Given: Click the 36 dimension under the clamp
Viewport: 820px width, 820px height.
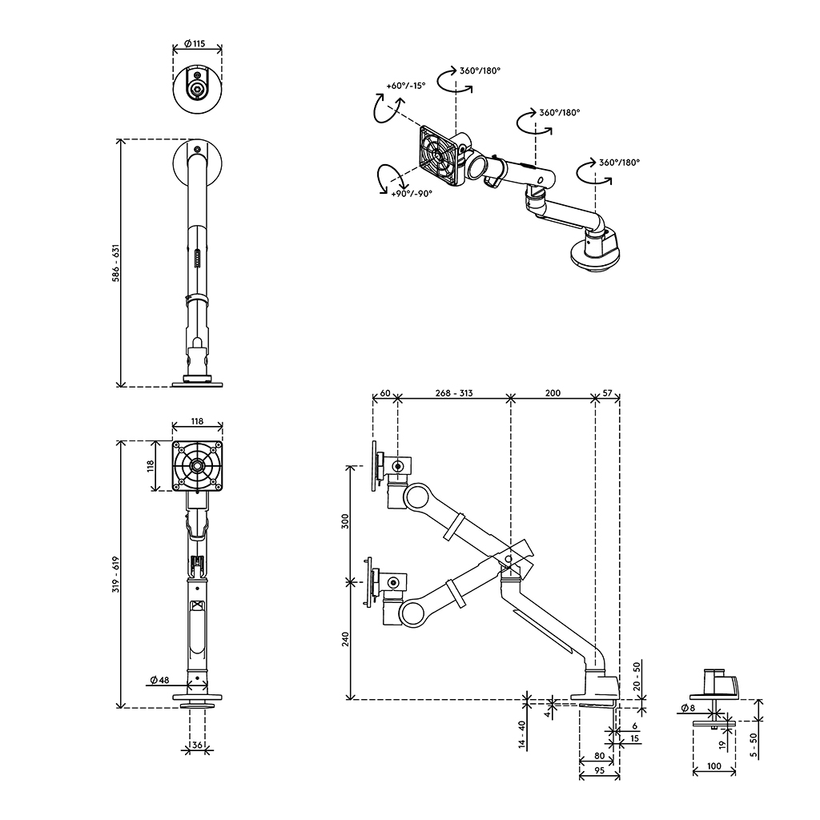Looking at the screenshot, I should (197, 746).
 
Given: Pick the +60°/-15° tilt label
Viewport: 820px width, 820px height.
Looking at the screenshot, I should (405, 85).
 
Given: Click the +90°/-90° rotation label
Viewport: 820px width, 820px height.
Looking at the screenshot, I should (412, 193).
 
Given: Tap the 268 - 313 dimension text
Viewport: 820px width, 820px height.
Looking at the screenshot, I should (454, 393).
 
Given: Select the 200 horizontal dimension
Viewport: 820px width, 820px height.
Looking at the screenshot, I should (553, 393).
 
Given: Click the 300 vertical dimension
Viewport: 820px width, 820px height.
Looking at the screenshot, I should (345, 522).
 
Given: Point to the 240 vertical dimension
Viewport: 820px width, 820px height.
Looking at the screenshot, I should (345, 641).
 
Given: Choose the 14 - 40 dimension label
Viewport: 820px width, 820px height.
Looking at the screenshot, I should (521, 735).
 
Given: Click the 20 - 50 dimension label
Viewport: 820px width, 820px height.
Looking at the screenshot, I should (636, 677).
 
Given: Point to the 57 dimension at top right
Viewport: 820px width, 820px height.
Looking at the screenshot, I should (607, 393).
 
